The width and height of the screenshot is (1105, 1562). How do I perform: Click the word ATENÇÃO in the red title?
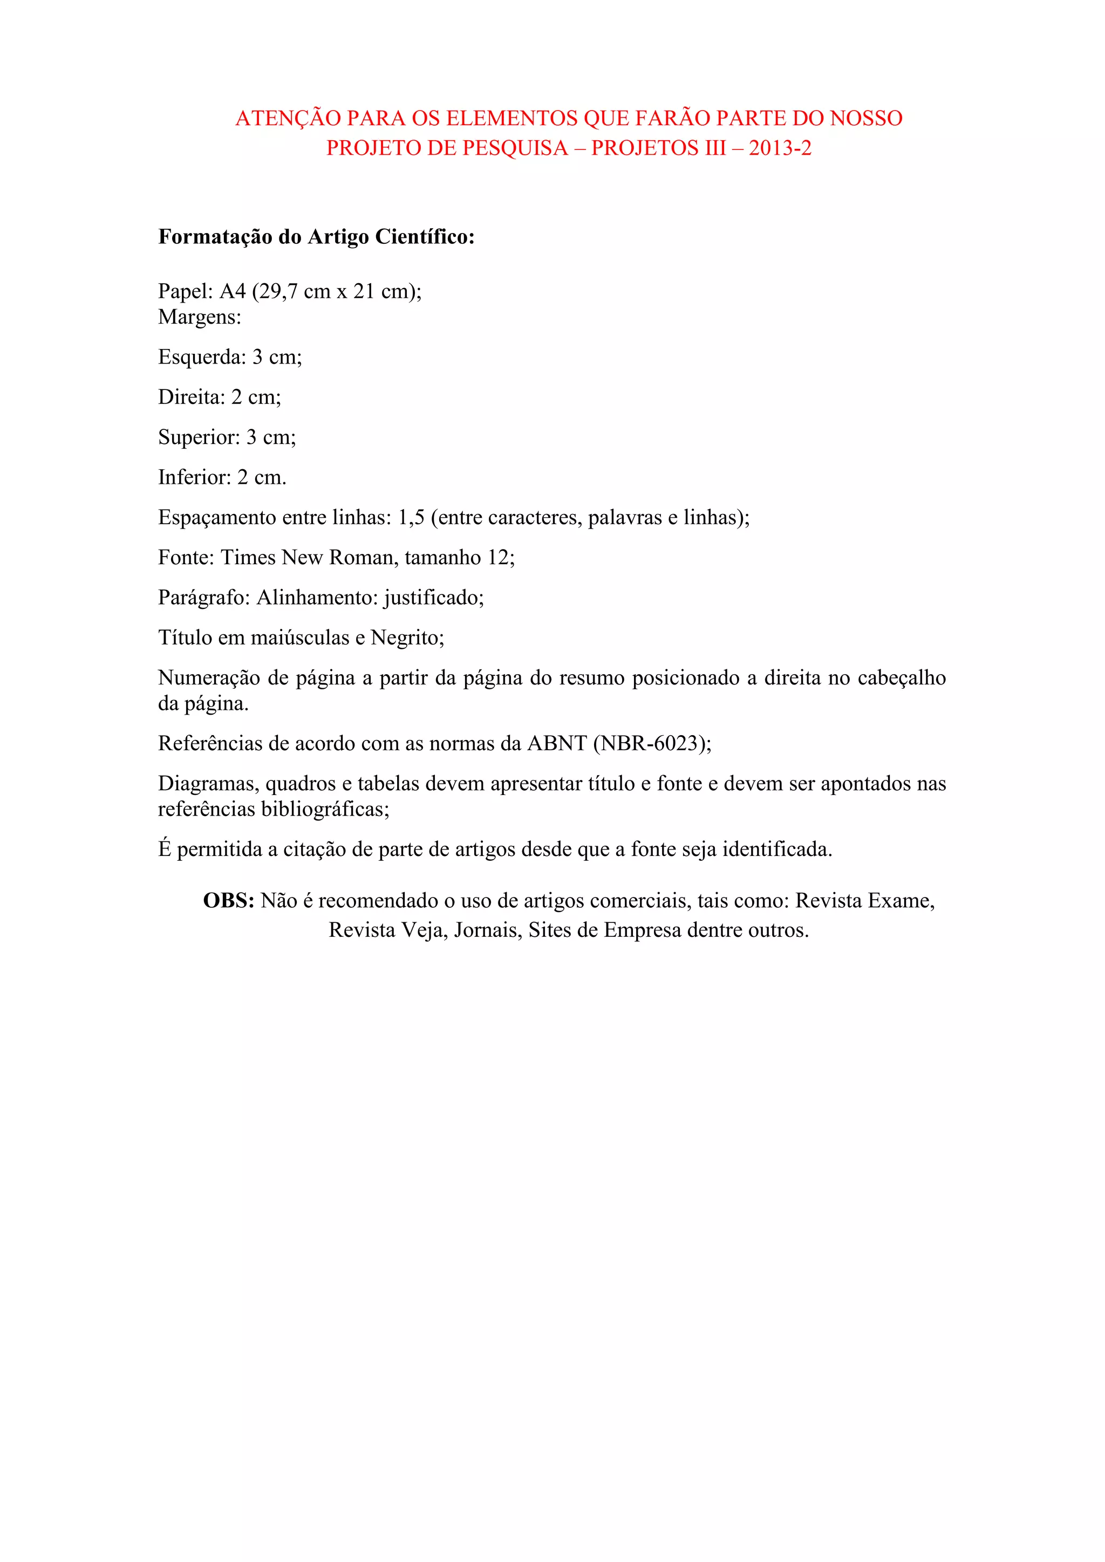288,118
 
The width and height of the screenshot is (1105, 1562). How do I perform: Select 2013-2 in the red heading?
780,148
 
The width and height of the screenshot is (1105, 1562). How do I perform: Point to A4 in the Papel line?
232,291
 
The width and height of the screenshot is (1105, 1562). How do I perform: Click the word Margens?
199,317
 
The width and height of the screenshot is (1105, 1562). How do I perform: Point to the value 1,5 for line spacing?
411,518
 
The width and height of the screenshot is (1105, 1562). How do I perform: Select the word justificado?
433,598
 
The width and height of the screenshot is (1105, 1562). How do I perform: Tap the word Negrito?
407,638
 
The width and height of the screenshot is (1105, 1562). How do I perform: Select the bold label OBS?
229,901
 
